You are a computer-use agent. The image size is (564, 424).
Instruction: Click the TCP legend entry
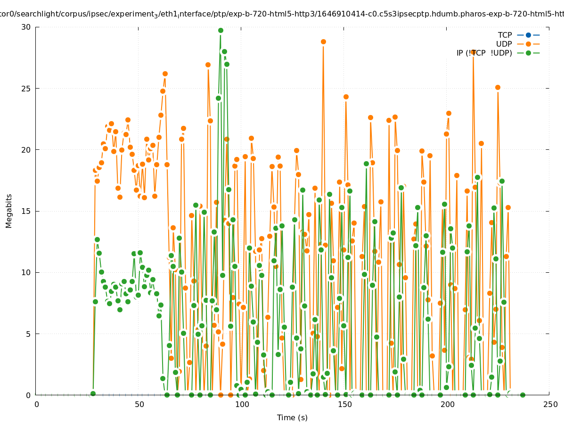coord(505,35)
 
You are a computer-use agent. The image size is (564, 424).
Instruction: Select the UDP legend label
coord(504,44)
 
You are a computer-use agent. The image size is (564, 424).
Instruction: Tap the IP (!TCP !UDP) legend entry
coord(484,53)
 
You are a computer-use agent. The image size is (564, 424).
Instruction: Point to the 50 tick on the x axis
coord(139,404)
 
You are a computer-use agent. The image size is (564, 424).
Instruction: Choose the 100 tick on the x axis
coord(242,404)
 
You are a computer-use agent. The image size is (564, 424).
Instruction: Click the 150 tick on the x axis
coord(344,404)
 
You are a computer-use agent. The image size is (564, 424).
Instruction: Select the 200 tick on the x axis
coord(447,404)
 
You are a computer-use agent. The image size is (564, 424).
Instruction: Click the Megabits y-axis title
coord(9,211)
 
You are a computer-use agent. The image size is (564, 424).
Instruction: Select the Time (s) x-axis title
coord(292,417)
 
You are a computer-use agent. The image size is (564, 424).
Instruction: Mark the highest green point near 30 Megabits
coord(221,30)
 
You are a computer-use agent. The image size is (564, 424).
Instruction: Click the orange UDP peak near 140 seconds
coord(323,41)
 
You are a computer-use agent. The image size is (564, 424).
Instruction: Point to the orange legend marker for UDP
coord(528,44)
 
